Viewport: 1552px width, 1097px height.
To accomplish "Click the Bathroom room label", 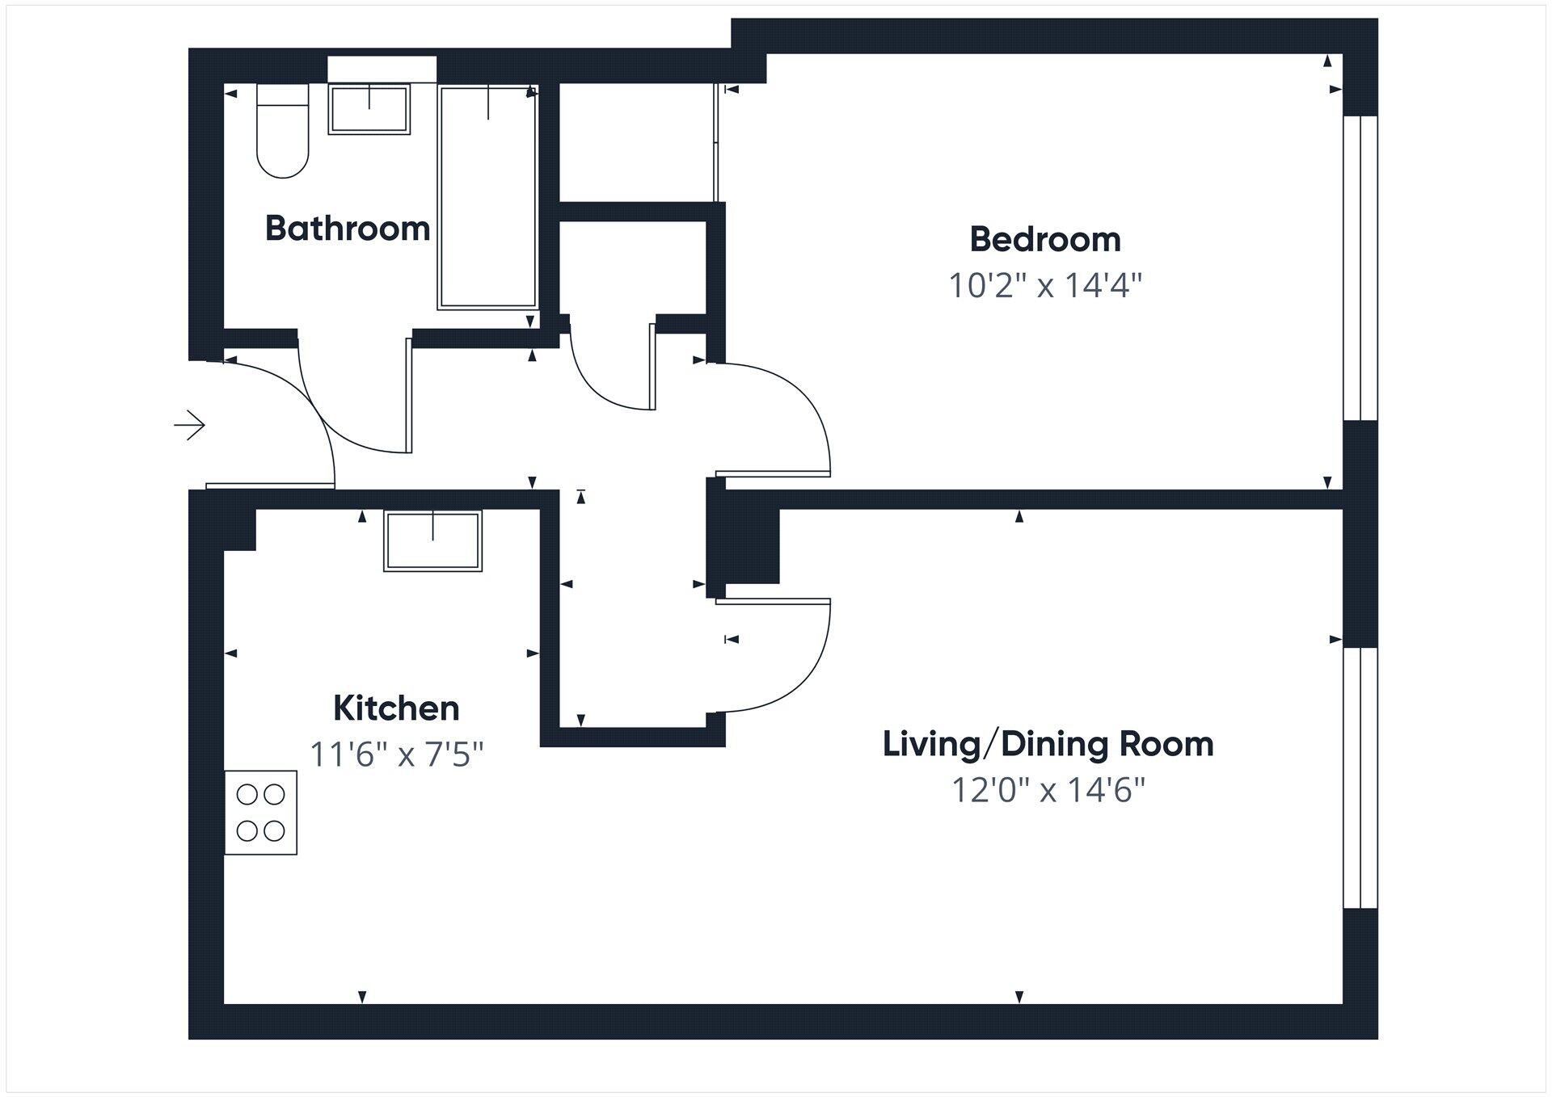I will (x=348, y=229).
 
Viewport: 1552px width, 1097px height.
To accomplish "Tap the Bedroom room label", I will (x=1044, y=239).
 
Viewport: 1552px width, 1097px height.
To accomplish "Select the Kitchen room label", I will (x=396, y=708).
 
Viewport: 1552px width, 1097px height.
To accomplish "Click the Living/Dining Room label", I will (x=1048, y=744).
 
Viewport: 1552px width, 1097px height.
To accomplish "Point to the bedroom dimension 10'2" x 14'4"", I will (x=1044, y=285).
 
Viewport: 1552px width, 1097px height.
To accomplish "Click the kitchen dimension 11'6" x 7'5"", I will (x=396, y=754).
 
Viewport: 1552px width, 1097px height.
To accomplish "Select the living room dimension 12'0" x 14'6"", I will (x=1048, y=789).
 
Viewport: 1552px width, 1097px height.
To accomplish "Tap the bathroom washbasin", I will (x=369, y=110).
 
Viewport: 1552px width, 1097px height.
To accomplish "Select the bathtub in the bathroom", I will (x=487, y=198).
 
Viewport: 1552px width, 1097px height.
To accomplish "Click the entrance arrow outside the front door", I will (x=190, y=425).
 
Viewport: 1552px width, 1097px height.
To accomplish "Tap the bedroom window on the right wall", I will (x=1360, y=268).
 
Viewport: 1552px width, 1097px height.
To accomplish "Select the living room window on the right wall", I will (x=1360, y=778).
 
